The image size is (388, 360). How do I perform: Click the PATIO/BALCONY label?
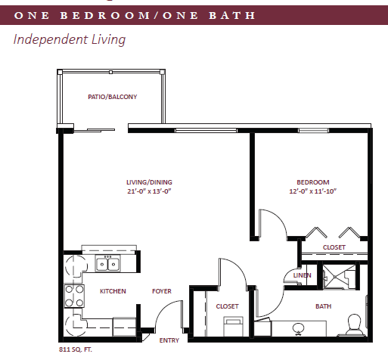pos(113,97)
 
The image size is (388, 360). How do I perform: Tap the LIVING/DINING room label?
pos(149,182)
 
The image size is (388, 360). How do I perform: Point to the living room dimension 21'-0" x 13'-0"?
pos(149,191)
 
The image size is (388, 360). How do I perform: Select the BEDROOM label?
pos(313,182)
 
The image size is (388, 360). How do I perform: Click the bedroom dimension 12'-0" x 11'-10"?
pos(313,191)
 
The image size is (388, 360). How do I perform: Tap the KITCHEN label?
pos(113,291)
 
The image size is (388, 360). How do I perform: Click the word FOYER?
pos(162,291)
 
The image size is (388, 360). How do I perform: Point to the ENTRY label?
pos(169,340)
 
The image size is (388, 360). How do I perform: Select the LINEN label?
pos(302,275)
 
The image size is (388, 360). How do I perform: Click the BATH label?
pos(323,306)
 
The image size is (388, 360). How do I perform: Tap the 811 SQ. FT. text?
pos(76,349)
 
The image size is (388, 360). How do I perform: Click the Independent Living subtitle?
pos(70,39)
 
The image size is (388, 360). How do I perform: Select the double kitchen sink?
pos(107,263)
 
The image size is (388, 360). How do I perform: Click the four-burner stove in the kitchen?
pos(74,296)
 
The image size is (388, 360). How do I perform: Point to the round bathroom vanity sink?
pos(298,328)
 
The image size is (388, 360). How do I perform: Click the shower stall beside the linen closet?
pos(339,277)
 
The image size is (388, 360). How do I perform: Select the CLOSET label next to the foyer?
pos(227,306)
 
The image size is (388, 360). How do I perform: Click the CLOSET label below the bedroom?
pos(334,247)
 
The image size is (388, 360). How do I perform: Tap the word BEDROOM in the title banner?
pos(105,15)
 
